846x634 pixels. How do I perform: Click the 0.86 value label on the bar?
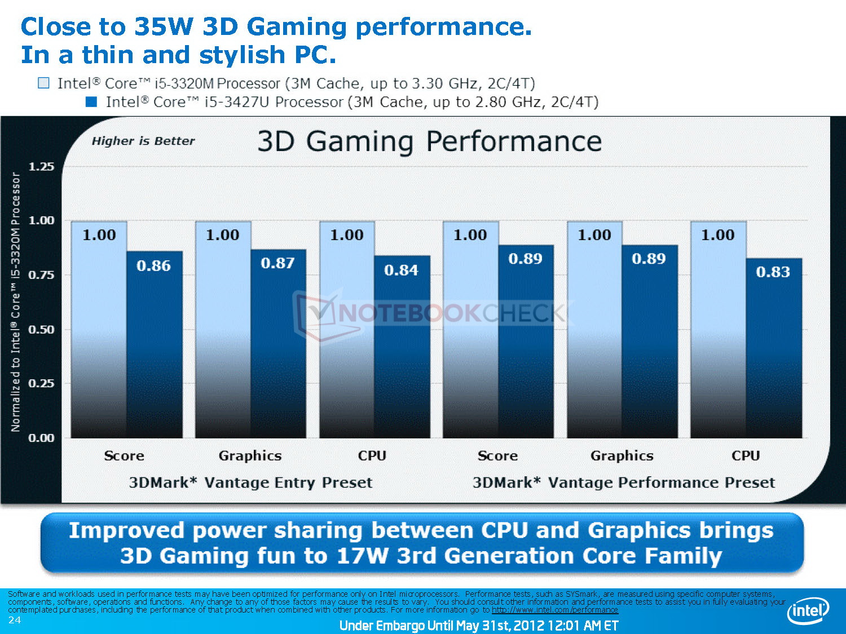pyautogui.click(x=153, y=266)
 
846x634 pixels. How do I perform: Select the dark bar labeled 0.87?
pyautogui.click(x=278, y=344)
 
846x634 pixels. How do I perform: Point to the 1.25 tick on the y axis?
pyautogui.click(x=41, y=167)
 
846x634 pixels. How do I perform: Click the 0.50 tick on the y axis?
pyautogui.click(x=41, y=330)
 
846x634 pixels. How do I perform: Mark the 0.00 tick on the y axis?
pyautogui.click(x=41, y=438)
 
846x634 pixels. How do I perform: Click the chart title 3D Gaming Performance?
pyautogui.click(x=429, y=141)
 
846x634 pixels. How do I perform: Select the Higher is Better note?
pyautogui.click(x=143, y=141)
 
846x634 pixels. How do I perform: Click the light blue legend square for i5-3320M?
pyautogui.click(x=43, y=83)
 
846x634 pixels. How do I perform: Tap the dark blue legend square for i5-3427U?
pyautogui.click(x=91, y=102)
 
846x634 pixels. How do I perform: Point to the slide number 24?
pyautogui.click(x=15, y=620)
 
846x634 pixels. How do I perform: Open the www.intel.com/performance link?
pyautogui.click(x=554, y=610)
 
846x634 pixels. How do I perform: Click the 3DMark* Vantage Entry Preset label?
pyautogui.click(x=250, y=483)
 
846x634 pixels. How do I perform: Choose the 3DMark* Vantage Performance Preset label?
pyautogui.click(x=623, y=483)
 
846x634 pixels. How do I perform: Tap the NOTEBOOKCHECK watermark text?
pyautogui.click(x=451, y=313)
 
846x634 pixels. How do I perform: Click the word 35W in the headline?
pyautogui.click(x=164, y=26)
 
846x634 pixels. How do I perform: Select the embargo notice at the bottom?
pyautogui.click(x=478, y=626)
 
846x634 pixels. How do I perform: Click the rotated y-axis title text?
pyautogui.click(x=16, y=302)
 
